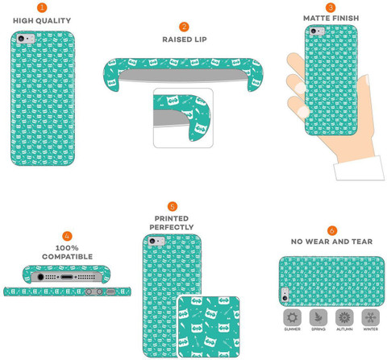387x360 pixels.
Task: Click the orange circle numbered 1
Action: [x=42, y=7]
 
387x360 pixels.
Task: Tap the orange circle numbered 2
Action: [x=184, y=27]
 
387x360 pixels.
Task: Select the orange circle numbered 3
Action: [x=331, y=7]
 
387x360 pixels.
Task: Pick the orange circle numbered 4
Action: [x=67, y=236]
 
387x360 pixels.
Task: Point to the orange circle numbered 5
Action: [x=173, y=206]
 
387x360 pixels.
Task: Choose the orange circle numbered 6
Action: [x=332, y=230]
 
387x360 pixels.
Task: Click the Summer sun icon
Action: [x=292, y=317]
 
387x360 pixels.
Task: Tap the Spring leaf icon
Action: [x=318, y=317]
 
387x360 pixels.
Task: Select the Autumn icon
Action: [x=344, y=317]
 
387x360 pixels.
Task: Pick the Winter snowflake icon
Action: [x=370, y=317]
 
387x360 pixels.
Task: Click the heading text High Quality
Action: [x=42, y=21]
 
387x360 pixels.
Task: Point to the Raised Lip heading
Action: [x=185, y=39]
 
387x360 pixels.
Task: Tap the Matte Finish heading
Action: [x=331, y=19]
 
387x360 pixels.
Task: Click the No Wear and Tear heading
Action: [x=332, y=242]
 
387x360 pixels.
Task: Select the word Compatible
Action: [x=67, y=257]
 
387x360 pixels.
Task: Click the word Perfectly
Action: [x=172, y=227]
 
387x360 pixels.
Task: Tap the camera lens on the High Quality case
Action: [x=21, y=38]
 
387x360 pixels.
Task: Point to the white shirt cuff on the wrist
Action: [x=359, y=168]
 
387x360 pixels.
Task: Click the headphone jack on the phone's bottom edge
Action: [x=40, y=276]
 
